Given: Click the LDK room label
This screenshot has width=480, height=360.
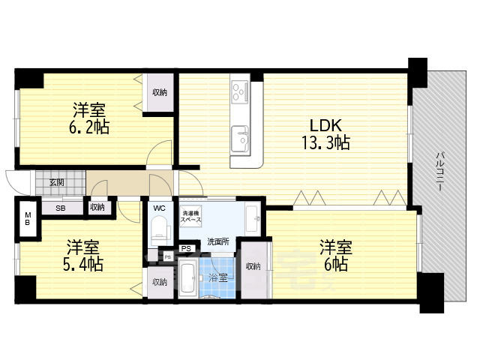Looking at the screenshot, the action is [x=325, y=125].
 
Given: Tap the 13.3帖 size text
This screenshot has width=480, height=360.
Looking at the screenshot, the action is [x=325, y=142].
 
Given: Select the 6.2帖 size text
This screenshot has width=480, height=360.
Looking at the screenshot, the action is [x=88, y=127].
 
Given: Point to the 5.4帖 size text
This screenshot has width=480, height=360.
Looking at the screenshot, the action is [x=83, y=264].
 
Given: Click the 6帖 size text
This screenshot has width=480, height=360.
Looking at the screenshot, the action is [x=336, y=264].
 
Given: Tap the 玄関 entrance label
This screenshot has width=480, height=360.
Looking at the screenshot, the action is [x=57, y=183].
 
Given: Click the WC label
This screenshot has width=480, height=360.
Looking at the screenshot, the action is [x=159, y=208].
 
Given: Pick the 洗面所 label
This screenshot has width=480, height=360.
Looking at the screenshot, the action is [x=218, y=241].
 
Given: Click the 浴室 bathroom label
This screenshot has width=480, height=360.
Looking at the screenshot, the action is [x=218, y=278].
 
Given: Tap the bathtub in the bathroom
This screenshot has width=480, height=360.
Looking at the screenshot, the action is [x=188, y=278].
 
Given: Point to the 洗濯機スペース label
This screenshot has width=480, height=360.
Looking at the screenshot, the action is [x=190, y=217].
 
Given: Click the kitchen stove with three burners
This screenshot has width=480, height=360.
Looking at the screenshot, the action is [x=240, y=90].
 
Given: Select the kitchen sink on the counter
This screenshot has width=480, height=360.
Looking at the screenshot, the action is [x=240, y=138].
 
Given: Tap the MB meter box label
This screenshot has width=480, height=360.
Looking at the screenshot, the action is [x=28, y=218].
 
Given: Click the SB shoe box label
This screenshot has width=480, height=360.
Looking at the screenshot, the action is [x=60, y=208].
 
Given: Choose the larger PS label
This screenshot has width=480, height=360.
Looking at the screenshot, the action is [x=186, y=248].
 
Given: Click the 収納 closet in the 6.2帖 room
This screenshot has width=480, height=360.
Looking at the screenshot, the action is [x=160, y=92].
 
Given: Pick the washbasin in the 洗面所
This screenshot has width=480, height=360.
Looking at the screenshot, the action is [x=252, y=218].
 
